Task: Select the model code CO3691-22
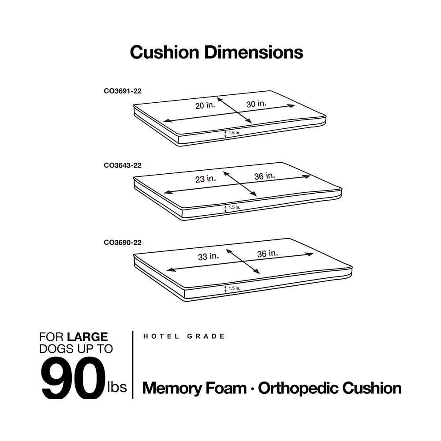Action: pyautogui.click(x=123, y=91)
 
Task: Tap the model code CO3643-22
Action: pyautogui.click(x=123, y=166)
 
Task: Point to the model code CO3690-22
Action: pyautogui.click(x=123, y=242)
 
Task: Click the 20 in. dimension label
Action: pyautogui.click(x=206, y=106)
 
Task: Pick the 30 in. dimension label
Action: pyautogui.click(x=256, y=104)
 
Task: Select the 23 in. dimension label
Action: pyautogui.click(x=206, y=179)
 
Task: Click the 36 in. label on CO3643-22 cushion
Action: pyautogui.click(x=265, y=176)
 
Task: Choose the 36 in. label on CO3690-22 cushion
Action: pyautogui.click(x=267, y=253)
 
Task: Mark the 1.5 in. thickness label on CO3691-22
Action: pyautogui.click(x=234, y=132)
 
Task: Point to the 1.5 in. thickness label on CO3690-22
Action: pyautogui.click(x=234, y=288)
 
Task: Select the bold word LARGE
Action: pyautogui.click(x=87, y=337)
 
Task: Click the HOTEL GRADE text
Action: pyautogui.click(x=184, y=336)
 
